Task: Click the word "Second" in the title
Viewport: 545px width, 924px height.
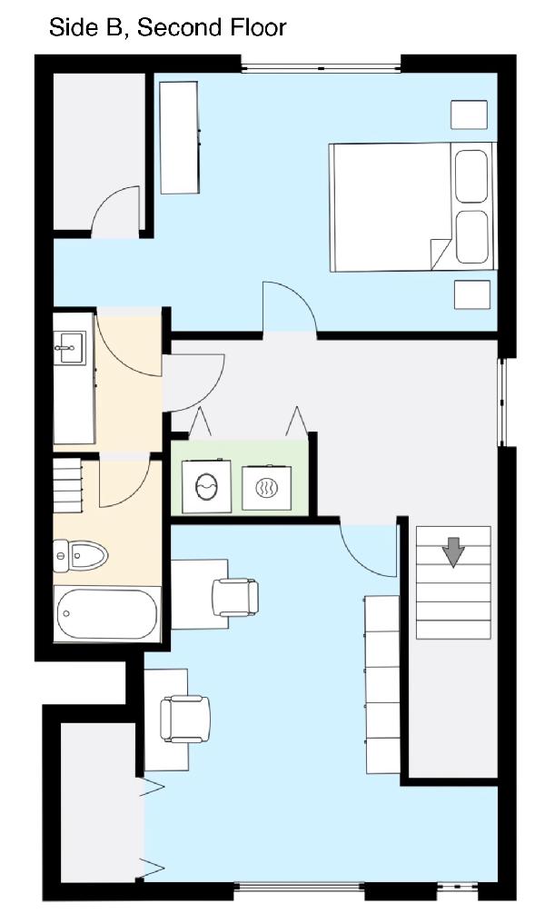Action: pos(173,27)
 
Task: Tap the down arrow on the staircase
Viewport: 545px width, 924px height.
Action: pos(453,551)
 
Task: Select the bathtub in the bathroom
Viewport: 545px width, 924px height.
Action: pos(107,613)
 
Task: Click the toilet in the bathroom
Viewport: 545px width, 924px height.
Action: pos(80,556)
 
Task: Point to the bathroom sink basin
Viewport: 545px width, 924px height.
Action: pos(70,347)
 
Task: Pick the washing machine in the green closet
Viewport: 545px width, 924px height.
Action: pos(206,487)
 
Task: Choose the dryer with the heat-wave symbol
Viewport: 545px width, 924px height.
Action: pos(267,488)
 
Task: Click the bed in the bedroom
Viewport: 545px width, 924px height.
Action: pos(411,207)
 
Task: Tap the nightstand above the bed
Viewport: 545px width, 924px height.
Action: pos(469,114)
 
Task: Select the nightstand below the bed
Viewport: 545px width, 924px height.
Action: pos(472,294)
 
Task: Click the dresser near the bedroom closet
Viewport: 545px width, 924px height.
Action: pos(180,137)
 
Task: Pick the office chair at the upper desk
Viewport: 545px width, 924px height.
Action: pos(235,597)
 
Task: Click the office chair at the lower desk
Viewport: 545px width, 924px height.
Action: pos(185,719)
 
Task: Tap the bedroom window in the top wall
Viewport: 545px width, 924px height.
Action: pos(322,68)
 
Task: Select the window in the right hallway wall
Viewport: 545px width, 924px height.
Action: pos(502,402)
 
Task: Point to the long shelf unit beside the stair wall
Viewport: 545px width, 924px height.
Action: pos(382,684)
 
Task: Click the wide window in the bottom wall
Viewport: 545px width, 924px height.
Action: pos(300,886)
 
